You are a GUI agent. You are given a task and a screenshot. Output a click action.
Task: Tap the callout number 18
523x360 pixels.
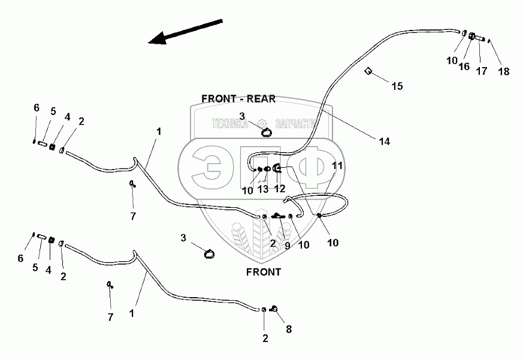503,71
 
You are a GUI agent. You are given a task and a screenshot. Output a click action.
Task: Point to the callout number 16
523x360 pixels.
464,66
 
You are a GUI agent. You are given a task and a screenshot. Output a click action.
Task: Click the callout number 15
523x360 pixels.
397,86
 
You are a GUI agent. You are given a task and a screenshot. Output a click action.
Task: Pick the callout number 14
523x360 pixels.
384,141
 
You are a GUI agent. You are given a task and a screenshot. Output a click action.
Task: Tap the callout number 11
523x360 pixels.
337,165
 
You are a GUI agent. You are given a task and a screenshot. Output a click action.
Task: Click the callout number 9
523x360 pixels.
287,245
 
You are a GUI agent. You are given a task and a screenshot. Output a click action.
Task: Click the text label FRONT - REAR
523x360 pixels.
238,99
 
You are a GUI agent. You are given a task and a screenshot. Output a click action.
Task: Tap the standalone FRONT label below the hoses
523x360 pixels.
263,271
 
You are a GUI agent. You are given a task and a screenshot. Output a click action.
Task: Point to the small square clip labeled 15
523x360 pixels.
369,71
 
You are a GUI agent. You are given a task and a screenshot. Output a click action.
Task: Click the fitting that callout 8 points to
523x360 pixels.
273,308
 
